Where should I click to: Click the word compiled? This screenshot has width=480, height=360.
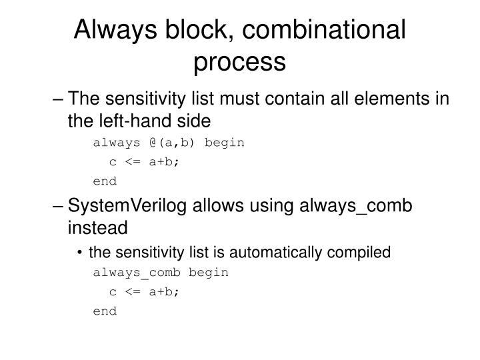[x=361, y=252]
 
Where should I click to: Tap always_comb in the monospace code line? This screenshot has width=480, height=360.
[x=137, y=272]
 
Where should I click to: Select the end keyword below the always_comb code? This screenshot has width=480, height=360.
[x=105, y=311]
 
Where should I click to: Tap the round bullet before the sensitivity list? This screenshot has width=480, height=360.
[x=80, y=253]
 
